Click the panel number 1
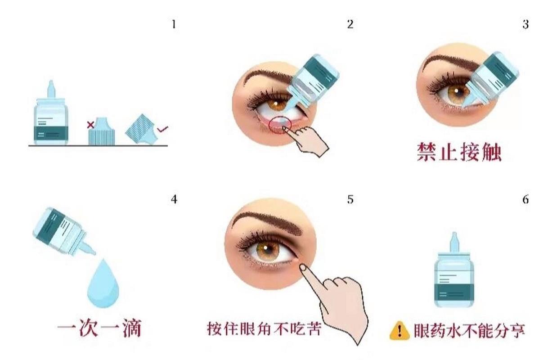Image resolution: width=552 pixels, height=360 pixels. pos(174,24)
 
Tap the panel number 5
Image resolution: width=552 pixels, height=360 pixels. pos(350,199)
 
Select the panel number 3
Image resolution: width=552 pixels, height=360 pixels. pos(525,24)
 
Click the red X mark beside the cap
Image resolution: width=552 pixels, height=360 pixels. pos(91,125)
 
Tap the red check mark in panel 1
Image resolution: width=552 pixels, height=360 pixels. pos(163,129)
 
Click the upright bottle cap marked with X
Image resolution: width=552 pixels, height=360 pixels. pos(102,131)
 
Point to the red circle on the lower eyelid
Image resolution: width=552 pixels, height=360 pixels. pos(280,125)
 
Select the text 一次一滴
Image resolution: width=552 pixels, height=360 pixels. pos(99,328)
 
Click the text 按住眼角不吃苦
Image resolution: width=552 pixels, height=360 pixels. pos(264,328)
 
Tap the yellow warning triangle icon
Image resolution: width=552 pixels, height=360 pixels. pos(399,331)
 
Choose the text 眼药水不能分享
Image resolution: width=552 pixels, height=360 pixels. pos(469,330)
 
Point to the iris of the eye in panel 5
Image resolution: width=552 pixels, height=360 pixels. pos(268,251)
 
